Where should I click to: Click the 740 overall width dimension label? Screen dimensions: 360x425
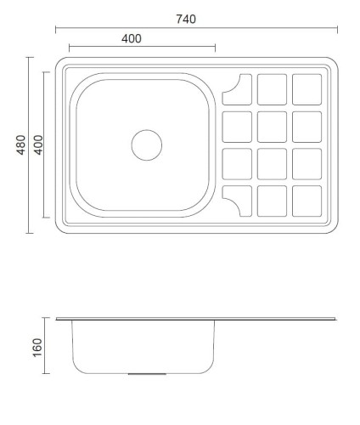186,20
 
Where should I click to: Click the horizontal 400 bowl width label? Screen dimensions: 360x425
132,38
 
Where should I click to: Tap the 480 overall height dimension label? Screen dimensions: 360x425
20,145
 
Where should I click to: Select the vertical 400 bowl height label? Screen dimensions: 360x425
38,145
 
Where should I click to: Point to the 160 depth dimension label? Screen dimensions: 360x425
37,348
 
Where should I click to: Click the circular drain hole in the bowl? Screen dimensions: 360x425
147,145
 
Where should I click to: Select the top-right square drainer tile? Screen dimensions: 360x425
307,89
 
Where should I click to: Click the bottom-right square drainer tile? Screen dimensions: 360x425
307,201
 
